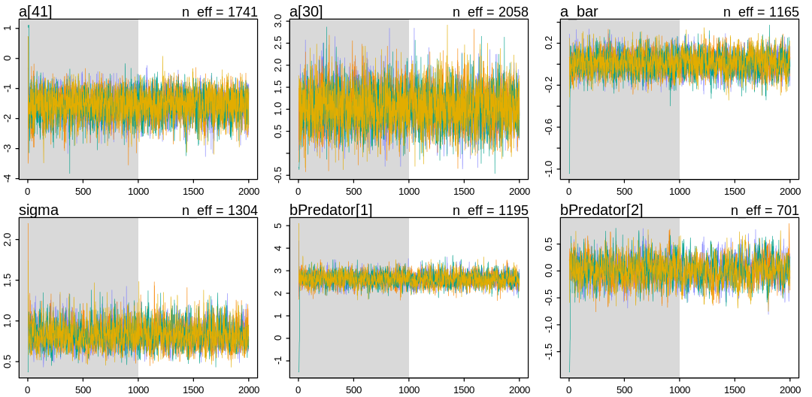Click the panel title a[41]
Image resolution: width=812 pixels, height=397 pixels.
[35, 11]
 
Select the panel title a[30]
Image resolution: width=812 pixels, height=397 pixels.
[306, 11]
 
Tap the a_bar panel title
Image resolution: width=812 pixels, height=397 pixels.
[579, 11]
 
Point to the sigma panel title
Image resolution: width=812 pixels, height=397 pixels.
[38, 210]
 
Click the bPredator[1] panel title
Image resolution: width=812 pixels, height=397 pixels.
[331, 210]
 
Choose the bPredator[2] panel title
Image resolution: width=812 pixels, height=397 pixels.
[601, 210]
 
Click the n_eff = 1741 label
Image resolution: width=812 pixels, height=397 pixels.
[220, 12]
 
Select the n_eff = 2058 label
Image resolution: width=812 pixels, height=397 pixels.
[490, 12]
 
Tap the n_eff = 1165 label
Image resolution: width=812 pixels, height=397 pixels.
[761, 12]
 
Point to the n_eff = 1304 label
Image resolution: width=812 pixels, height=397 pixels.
[220, 211]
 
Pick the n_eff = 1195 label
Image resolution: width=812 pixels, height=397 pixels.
[490, 211]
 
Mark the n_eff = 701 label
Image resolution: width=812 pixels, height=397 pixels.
[765, 211]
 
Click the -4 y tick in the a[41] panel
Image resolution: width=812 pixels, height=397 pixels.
[8, 177]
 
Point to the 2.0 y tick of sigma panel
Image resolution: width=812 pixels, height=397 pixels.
[8, 239]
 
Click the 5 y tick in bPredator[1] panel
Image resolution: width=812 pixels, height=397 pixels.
[278, 226]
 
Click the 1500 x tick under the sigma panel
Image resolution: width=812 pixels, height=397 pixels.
[193, 389]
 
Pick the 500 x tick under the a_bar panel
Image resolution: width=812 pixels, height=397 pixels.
[624, 191]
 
